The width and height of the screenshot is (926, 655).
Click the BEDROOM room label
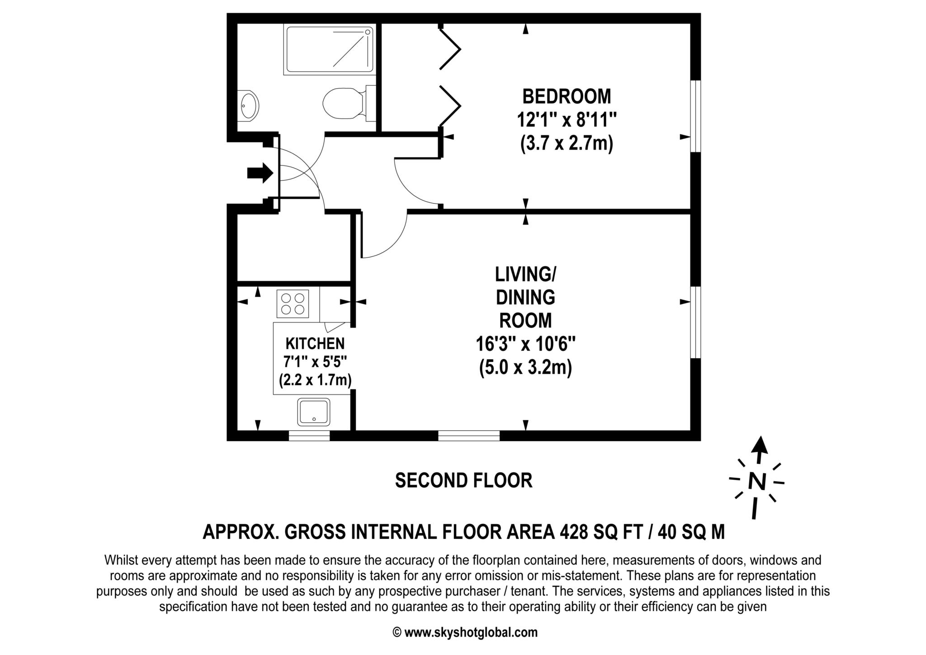pyautogui.click(x=567, y=96)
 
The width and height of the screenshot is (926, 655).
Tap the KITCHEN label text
pyautogui.click(x=315, y=344)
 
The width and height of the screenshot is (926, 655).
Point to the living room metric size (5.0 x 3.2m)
pyautogui.click(x=525, y=367)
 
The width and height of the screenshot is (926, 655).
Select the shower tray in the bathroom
pyautogui.click(x=329, y=50)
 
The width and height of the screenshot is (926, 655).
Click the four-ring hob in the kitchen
pyautogui.click(x=293, y=304)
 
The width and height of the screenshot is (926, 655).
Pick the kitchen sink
pyautogui.click(x=314, y=412)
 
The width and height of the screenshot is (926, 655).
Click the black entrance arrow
pyautogui.click(x=260, y=173)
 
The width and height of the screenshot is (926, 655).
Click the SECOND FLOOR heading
pyautogui.click(x=463, y=480)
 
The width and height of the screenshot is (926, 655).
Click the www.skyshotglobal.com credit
pyautogui.click(x=471, y=632)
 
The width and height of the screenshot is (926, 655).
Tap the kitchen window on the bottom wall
pyautogui.click(x=309, y=435)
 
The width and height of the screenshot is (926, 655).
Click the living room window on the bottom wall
pyautogui.click(x=469, y=435)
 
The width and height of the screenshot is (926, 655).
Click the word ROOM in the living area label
pyautogui.click(x=525, y=320)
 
